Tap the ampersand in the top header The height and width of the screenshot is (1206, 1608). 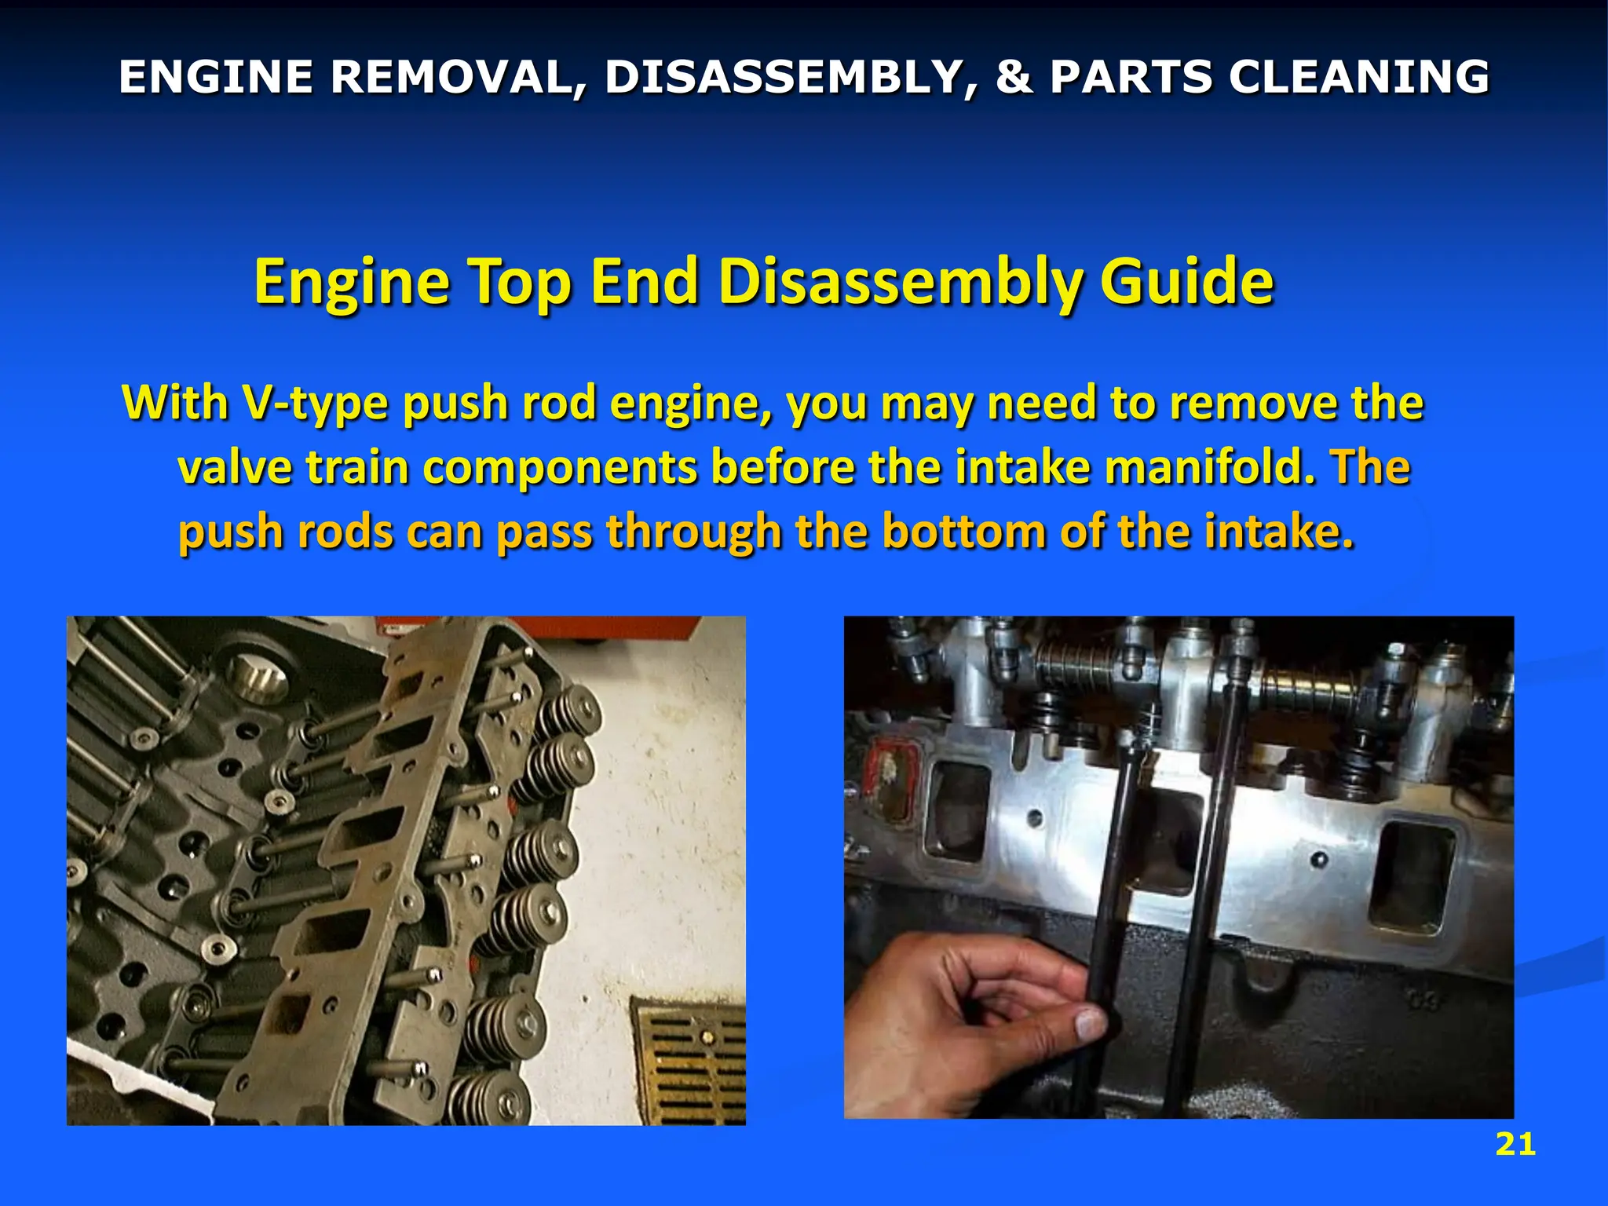(1014, 77)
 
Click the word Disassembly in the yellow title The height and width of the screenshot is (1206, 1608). (900, 283)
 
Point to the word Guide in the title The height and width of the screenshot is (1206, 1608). (1186, 283)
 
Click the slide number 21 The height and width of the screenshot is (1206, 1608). (1515, 1145)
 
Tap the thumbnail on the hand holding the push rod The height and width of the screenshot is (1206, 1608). (1088, 1023)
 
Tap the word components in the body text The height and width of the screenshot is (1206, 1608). (560, 467)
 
